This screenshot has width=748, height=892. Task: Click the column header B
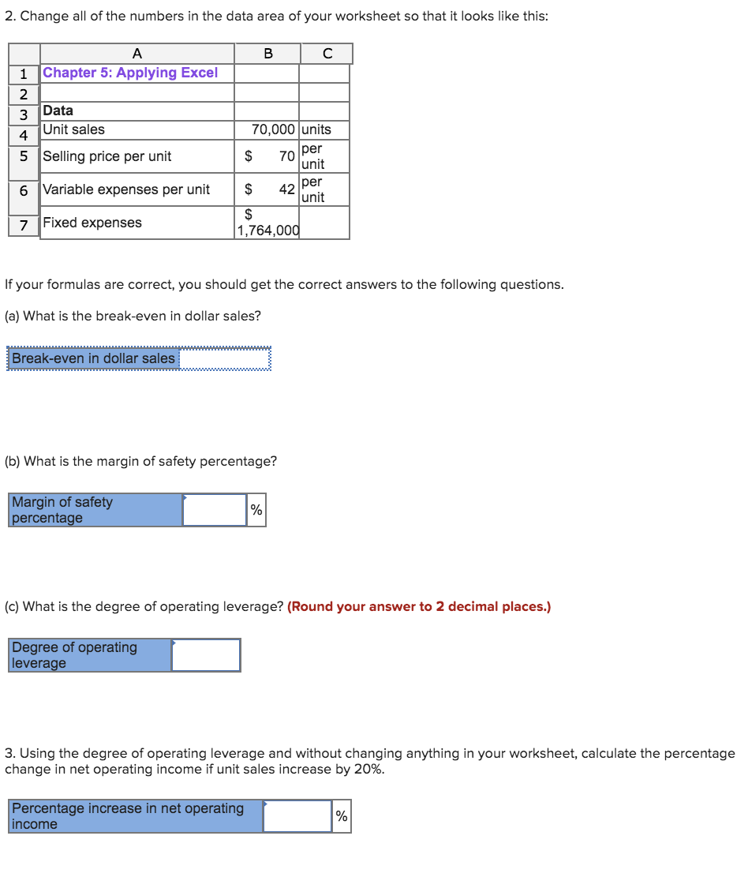click(x=267, y=54)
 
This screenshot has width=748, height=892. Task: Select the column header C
click(x=327, y=54)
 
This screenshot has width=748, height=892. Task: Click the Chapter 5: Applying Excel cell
click(x=130, y=73)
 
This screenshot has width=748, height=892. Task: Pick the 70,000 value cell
click(x=273, y=129)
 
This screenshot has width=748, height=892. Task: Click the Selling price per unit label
click(x=107, y=156)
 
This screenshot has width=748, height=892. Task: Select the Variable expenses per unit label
click(x=126, y=189)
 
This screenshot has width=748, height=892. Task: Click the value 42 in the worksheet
click(x=286, y=189)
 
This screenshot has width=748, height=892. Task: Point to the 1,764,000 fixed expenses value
click(x=267, y=230)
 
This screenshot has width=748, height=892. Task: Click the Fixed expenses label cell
click(x=92, y=223)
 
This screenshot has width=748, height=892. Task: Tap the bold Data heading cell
click(x=58, y=111)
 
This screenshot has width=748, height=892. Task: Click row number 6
click(x=24, y=190)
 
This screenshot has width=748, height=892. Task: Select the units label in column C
click(x=316, y=129)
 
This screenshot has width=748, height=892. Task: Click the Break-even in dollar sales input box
click(x=225, y=358)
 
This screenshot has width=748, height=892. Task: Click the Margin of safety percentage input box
click(x=215, y=510)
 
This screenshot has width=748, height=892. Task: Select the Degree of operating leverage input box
click(x=206, y=655)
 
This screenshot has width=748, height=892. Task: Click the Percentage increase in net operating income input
click(x=297, y=816)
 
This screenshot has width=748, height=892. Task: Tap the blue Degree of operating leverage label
click(x=90, y=655)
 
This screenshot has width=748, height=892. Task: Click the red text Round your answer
click(x=419, y=607)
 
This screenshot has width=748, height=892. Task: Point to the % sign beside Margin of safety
click(x=256, y=511)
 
